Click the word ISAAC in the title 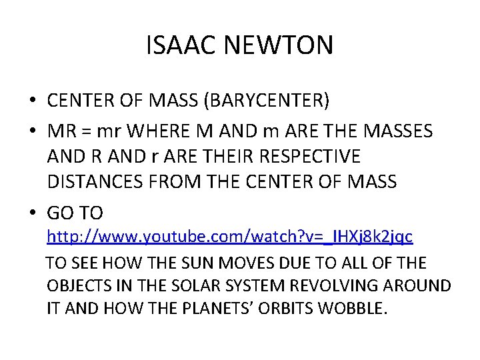point(177,45)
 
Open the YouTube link point(229,237)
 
